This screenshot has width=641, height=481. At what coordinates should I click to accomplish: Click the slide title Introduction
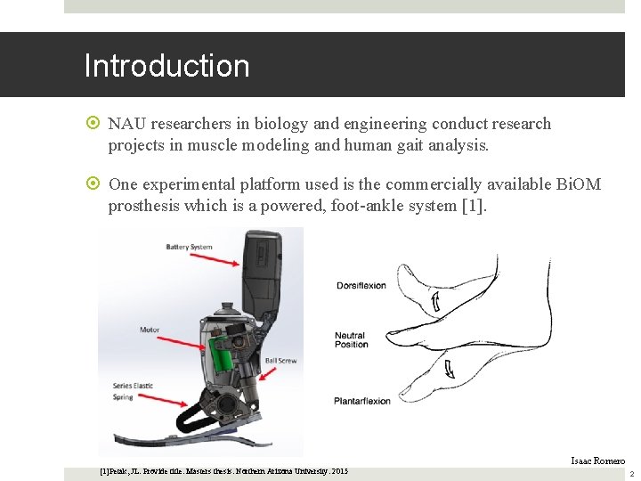(166, 66)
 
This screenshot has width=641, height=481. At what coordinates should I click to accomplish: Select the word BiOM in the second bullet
(579, 184)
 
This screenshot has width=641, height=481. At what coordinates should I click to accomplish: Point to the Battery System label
(189, 247)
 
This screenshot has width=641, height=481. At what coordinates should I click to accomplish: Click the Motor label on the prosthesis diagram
(149, 330)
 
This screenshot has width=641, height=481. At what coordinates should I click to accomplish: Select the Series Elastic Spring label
(133, 391)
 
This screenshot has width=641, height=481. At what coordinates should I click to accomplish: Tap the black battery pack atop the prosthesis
(266, 267)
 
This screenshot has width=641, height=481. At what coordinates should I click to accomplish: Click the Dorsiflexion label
(361, 286)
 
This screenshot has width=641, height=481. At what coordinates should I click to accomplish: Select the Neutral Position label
(351, 340)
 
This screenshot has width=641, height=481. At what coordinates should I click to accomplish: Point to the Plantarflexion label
(362, 401)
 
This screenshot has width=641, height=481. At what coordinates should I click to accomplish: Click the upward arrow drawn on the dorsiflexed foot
(435, 303)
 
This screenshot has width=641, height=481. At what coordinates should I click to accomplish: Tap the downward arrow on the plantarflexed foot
(449, 366)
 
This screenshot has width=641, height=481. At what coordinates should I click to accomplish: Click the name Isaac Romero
(597, 461)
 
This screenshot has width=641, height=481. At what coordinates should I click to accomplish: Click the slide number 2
(631, 474)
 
